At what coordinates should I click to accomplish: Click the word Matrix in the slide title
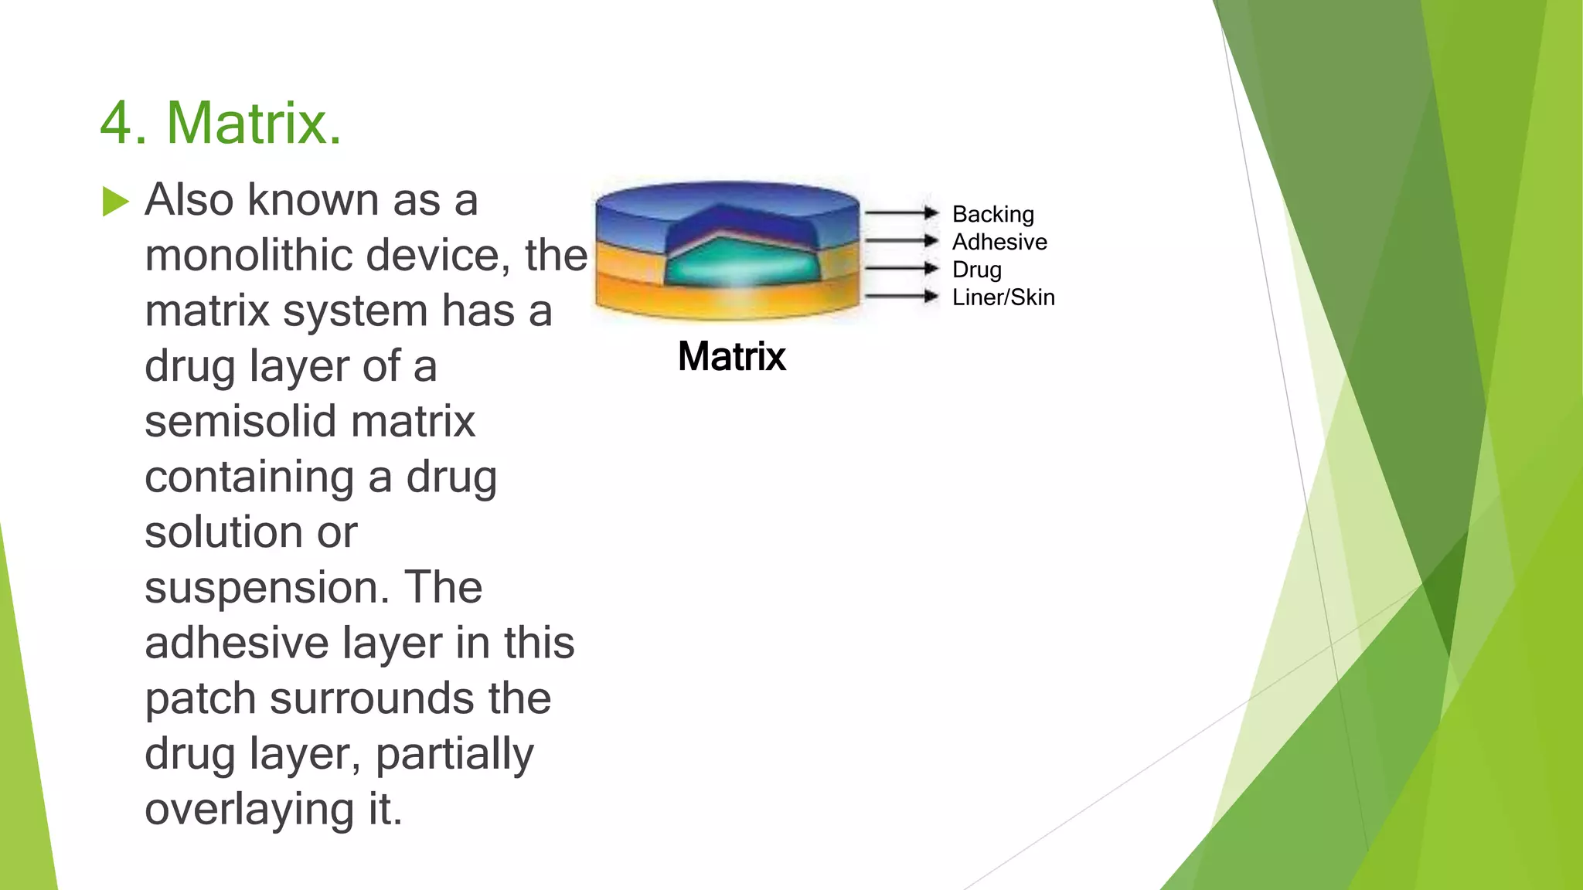click(247, 124)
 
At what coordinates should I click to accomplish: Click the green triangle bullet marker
click(115, 202)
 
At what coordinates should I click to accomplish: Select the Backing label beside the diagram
click(992, 214)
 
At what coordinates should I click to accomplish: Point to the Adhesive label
click(999, 242)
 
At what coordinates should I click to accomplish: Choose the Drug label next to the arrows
click(976, 270)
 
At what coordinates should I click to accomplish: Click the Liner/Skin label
click(1003, 297)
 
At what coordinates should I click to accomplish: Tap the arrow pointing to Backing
click(900, 212)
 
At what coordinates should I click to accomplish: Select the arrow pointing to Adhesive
click(900, 240)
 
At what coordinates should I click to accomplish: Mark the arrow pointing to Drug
click(900, 268)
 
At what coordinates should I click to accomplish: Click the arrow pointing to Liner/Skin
click(900, 296)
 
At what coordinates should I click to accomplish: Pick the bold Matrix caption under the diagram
click(731, 357)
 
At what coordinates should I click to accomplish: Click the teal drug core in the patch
click(740, 263)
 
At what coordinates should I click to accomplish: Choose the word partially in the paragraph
click(454, 755)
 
